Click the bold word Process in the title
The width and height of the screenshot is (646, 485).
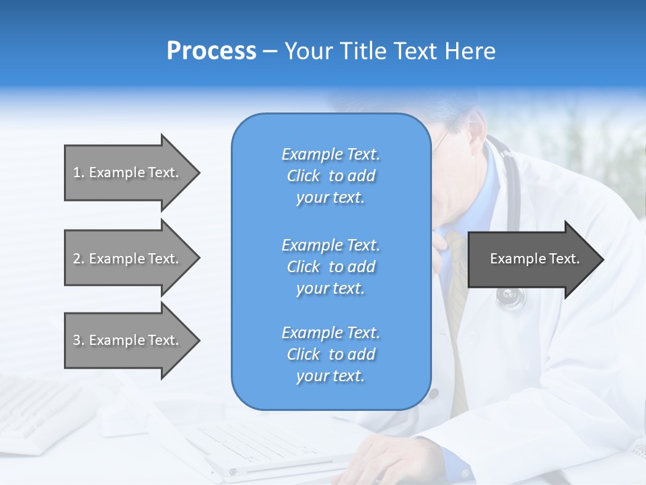[211, 51]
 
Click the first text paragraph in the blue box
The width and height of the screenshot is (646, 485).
[330, 176]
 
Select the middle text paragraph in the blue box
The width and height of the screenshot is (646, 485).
[330, 267]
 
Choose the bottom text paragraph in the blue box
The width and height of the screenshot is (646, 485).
[330, 354]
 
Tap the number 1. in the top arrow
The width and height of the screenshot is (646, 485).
[78, 172]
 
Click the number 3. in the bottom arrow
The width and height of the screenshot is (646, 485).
[78, 340]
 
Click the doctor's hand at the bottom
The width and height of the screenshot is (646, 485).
[384, 461]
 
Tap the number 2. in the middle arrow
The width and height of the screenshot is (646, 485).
[78, 259]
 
